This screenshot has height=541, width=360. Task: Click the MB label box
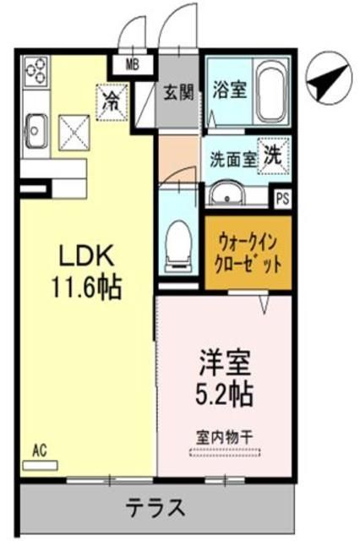pos(134,64)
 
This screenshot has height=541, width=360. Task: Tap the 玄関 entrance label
pos(177,90)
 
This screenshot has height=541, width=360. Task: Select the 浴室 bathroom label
pos(229,88)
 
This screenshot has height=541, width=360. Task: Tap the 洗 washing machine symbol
pos(273,154)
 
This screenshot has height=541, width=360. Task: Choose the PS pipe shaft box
pos(282,199)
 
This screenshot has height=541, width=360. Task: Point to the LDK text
pos(85,256)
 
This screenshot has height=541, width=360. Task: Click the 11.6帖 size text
pos(85,287)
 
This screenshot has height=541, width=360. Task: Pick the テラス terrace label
pos(157,508)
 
